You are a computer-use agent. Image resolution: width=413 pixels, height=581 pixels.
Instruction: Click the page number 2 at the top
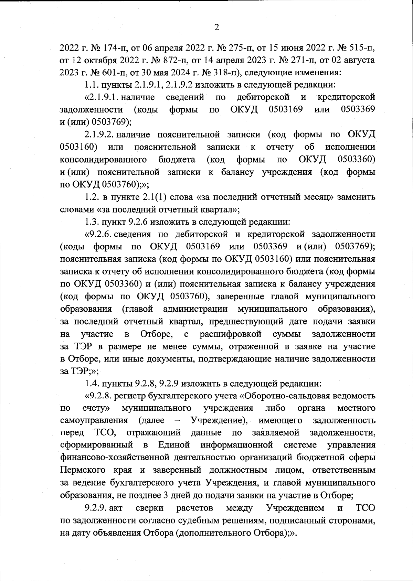(216, 28)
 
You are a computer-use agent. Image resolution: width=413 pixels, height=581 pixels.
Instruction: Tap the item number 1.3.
(91, 222)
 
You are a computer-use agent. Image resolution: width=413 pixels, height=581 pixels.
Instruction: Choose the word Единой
(174, 445)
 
